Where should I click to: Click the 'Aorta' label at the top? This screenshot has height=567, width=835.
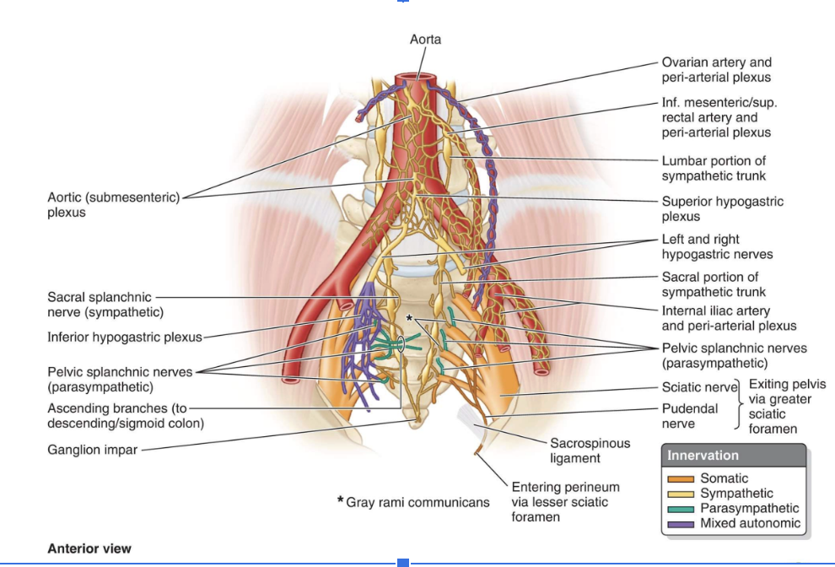pos(425,40)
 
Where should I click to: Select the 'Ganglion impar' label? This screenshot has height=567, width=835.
pos(92,450)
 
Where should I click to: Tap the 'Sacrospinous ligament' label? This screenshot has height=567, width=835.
pos(590,451)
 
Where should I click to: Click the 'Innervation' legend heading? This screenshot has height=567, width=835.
pos(703,456)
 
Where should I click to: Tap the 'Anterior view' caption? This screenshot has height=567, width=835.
pos(89,549)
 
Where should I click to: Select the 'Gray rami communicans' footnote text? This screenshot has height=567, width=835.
pos(417,502)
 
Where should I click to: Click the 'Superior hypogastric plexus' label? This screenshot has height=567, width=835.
pos(722,208)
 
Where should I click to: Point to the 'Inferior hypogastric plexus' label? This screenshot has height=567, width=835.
pos(125,337)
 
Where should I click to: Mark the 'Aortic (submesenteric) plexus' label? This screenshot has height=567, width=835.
pos(113,205)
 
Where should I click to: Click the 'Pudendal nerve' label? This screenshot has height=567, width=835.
pos(690,416)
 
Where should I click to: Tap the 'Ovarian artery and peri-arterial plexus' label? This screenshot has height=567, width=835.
pos(716,69)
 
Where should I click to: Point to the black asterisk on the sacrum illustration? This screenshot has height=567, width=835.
pos(409,318)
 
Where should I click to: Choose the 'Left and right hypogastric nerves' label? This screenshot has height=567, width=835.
pos(717,246)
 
